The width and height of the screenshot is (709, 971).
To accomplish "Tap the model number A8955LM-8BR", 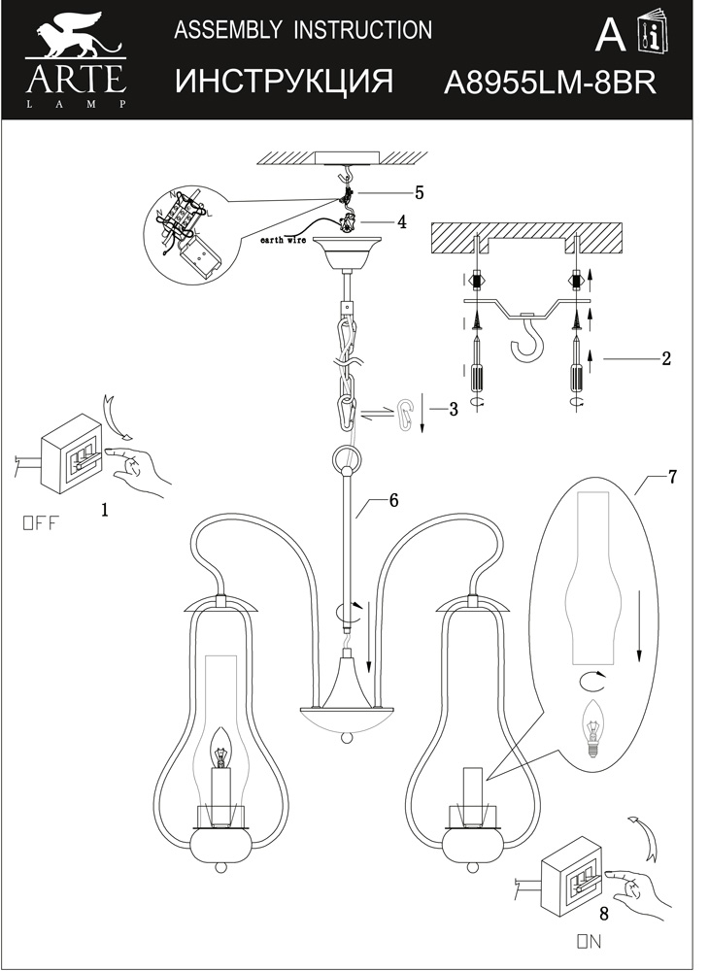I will pos(549,83).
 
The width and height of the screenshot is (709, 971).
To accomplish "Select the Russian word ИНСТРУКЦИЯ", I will pos(285,82).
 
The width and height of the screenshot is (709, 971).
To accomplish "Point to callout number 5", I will pos(419,192).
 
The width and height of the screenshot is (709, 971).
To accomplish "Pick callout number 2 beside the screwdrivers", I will pos(665,358).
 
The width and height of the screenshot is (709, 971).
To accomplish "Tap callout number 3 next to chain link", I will pos(453,409).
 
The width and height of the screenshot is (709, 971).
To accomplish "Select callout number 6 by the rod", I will pos(393,500).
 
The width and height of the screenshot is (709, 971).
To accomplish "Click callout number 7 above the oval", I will pos(672,476).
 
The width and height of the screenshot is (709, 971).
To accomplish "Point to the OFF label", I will pos(40,523).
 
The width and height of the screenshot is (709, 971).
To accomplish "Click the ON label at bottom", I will pos(590,940).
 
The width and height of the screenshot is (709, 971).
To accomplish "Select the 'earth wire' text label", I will pos(285,238).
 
